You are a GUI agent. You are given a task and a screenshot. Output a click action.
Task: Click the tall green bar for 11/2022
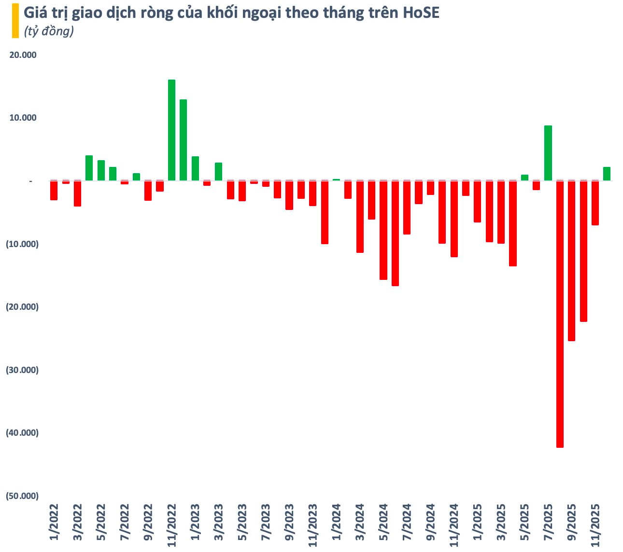point(171,130)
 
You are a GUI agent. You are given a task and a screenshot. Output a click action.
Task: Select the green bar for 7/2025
point(548,153)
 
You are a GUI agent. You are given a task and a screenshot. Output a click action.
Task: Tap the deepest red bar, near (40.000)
point(560,314)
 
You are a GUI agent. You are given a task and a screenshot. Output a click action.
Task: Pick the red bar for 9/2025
point(572,261)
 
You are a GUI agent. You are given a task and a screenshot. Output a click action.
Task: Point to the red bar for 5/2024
point(383,230)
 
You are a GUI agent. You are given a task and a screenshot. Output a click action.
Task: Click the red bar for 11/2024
point(454,219)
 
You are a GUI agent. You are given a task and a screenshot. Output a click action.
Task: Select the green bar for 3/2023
point(218,172)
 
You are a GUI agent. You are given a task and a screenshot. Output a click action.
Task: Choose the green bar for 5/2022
point(101,170)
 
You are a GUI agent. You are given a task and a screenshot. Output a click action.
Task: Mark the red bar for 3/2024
point(360,217)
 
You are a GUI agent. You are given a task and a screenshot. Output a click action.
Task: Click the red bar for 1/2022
point(54,191)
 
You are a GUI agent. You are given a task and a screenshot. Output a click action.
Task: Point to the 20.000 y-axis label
point(23,55)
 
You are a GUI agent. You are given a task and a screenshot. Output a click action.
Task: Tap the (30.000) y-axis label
point(22,370)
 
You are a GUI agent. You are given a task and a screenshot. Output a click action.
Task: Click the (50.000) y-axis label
point(22,496)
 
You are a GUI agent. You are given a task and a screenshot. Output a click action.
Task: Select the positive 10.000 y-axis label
point(23,118)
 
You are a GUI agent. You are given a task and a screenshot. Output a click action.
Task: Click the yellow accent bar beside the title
point(15,21)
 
